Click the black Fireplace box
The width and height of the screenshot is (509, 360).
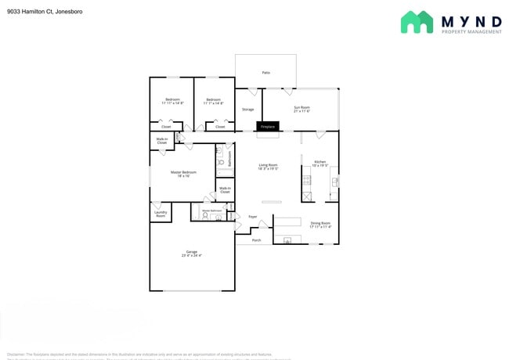(x=268, y=126)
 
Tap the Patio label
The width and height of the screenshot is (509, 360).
(x=266, y=73)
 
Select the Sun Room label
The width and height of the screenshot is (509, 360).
(x=301, y=107)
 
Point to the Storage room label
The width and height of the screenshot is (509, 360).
(x=247, y=110)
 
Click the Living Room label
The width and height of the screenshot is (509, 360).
(x=269, y=165)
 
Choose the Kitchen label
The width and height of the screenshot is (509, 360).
(x=320, y=162)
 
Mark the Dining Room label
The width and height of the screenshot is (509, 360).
(x=320, y=223)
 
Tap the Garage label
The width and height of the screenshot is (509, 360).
(x=192, y=251)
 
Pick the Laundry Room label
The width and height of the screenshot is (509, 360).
(x=161, y=214)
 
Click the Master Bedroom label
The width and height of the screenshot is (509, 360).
(x=183, y=172)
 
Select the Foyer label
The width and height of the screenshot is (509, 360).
(x=253, y=217)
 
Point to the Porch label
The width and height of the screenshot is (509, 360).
(x=256, y=240)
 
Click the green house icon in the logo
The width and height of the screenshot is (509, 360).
(x=417, y=22)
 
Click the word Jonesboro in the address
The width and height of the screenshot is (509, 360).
(x=69, y=12)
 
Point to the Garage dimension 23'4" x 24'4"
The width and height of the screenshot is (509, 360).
(x=192, y=255)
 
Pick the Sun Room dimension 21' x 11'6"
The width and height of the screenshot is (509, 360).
(x=301, y=111)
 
